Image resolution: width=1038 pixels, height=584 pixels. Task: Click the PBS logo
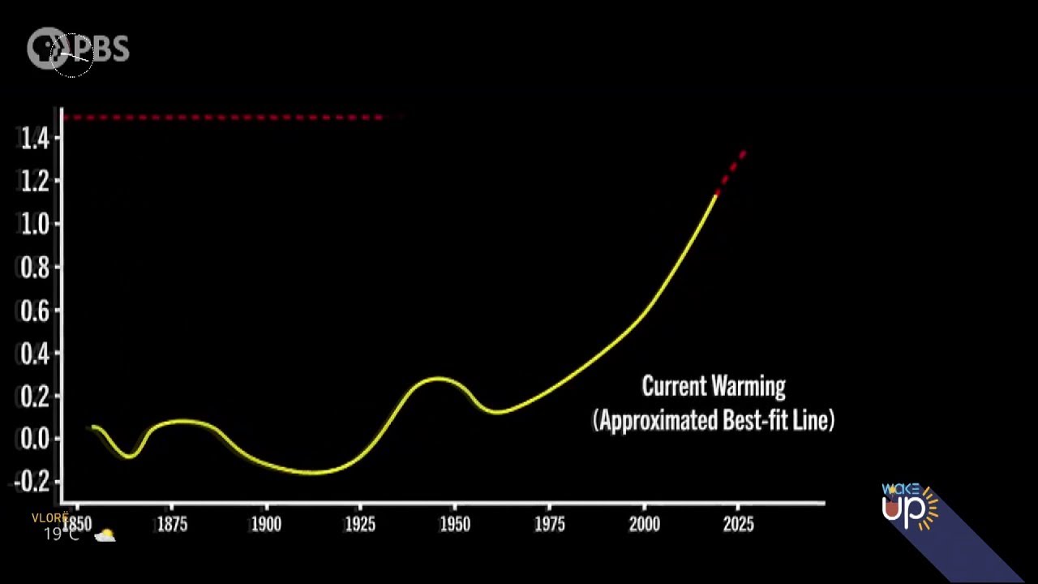[x=78, y=49]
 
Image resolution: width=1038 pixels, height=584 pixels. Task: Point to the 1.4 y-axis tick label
[x=35, y=139]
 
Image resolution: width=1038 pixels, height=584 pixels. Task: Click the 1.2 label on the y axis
[x=35, y=181]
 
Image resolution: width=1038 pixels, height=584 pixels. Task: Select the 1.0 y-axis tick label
[x=35, y=224]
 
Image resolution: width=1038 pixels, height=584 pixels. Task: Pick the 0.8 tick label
[x=35, y=267]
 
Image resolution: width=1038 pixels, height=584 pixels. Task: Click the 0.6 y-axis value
[x=35, y=310]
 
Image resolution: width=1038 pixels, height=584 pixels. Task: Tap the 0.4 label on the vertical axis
[x=35, y=353]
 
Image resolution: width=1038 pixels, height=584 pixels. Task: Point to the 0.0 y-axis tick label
[x=35, y=439]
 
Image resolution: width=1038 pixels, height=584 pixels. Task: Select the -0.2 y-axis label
[x=32, y=482]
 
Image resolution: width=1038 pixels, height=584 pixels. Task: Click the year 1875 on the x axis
[x=171, y=525]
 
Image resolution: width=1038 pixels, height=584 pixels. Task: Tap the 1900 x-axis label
[x=266, y=525]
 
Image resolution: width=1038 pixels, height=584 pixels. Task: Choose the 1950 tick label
[x=455, y=525]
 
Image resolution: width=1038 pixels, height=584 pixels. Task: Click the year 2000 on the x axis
[x=644, y=525]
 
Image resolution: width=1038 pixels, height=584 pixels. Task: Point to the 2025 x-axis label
[x=738, y=525]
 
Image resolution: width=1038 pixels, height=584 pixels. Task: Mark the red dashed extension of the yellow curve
[x=731, y=171]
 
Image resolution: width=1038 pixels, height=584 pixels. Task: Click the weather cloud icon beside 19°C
[x=105, y=535]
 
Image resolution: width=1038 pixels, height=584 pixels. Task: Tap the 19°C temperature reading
[x=61, y=535]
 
